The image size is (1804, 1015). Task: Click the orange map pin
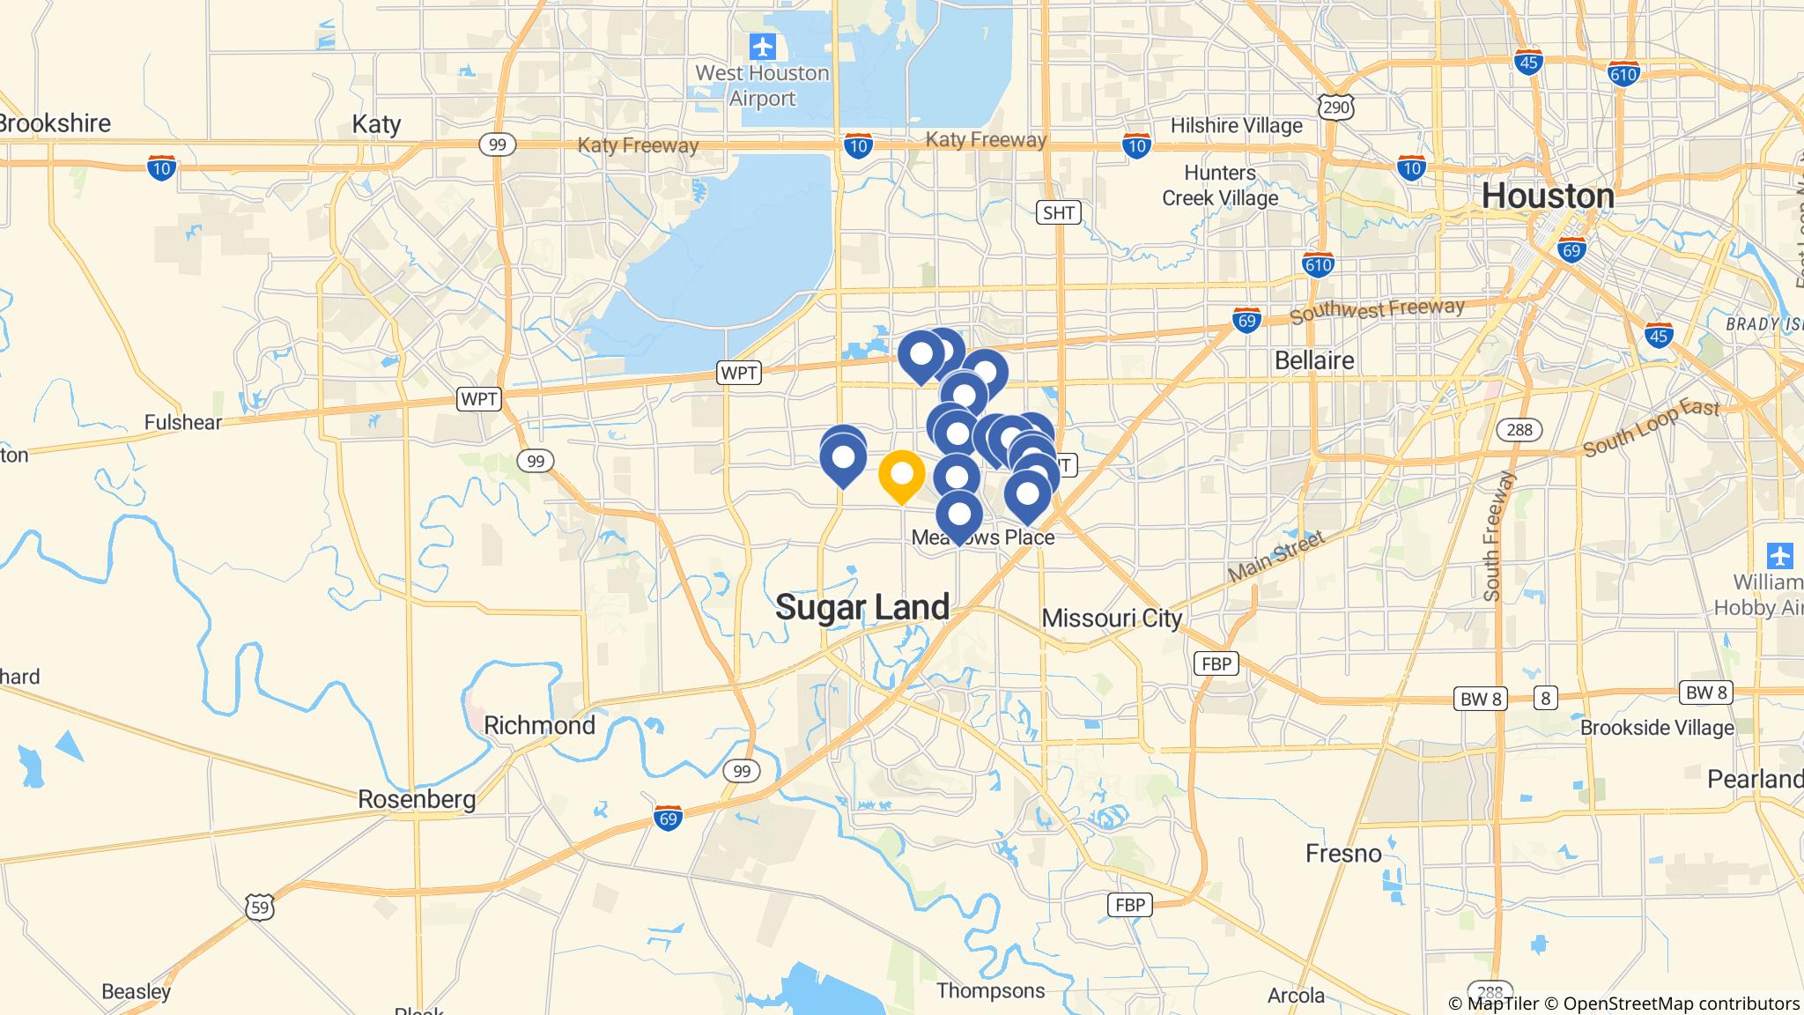point(901,475)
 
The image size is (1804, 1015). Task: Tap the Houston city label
point(1548,196)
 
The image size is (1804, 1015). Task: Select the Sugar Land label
point(862,607)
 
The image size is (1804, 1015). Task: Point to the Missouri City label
point(1112,618)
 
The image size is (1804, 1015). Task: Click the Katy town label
point(376,124)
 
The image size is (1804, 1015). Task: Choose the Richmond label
point(539,725)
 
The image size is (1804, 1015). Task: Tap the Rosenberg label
point(417,799)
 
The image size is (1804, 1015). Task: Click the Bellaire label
point(1314,360)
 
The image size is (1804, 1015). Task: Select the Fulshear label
point(183,422)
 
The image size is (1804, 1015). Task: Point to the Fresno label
point(1343,853)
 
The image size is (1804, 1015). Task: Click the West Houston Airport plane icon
point(763,45)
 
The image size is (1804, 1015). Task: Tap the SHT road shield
point(1058,212)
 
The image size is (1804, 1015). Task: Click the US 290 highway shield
point(1335,107)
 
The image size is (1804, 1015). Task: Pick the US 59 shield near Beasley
point(258,906)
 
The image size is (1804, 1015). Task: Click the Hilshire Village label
point(1236,126)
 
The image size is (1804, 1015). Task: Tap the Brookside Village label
point(1656,728)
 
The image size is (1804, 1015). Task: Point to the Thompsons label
point(990,990)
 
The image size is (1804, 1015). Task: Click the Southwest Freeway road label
point(1377,311)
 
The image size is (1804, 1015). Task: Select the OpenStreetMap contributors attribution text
point(1681,1004)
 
